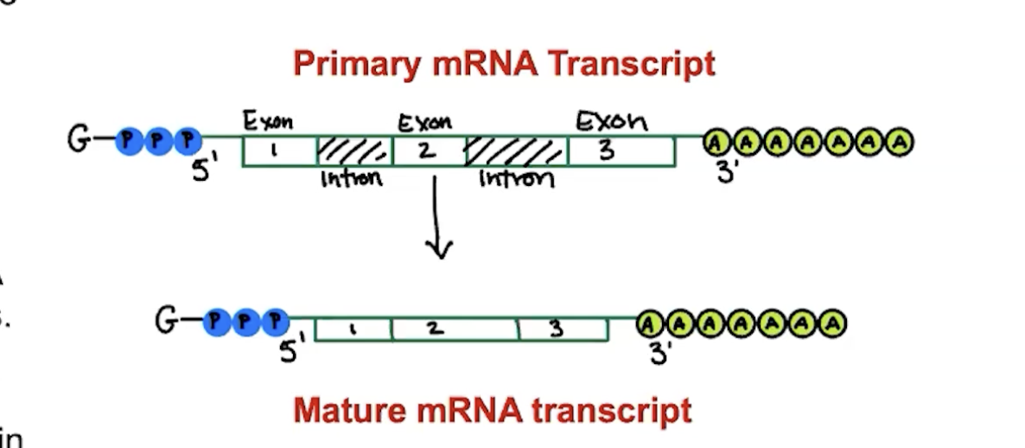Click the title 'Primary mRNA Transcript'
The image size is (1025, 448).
pos(504,64)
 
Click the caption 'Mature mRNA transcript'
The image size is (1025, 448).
pos(492,410)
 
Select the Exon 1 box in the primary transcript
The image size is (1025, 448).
pos(279,151)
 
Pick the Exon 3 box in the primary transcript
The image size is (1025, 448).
pos(621,151)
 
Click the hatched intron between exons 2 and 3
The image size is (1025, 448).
pos(516,151)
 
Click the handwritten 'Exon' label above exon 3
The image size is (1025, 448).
pos(612,122)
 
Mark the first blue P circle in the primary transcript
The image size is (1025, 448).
pos(130,140)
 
